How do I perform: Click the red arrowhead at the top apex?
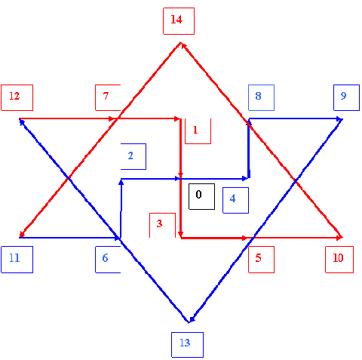point(183,46)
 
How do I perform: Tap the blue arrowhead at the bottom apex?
point(192,319)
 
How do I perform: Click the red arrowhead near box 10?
point(339,237)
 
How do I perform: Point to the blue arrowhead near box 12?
point(22,122)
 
